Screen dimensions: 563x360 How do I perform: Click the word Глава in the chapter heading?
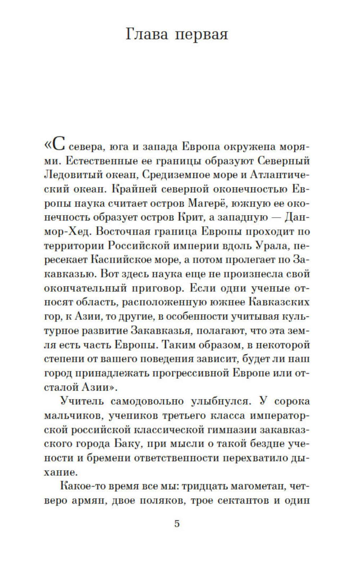(147, 35)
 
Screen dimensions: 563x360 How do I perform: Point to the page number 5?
(177, 523)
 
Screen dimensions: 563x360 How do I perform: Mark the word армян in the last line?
(86, 500)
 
